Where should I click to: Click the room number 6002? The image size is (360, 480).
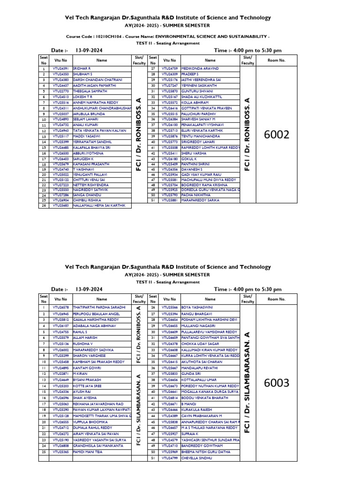277,135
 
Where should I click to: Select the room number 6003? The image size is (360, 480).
277,382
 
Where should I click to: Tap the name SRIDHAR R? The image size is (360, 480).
82,68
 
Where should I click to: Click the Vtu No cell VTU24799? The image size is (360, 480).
170,458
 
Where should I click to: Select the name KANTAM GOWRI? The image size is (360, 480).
87,367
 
